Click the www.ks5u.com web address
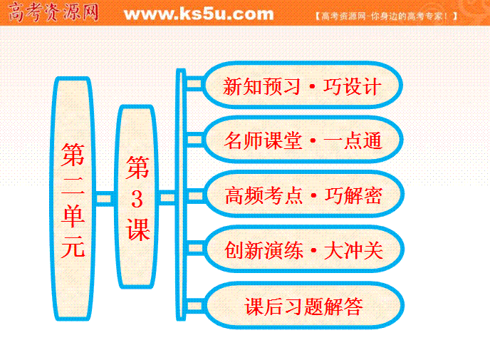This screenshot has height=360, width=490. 199,14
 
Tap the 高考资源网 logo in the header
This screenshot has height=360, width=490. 53,13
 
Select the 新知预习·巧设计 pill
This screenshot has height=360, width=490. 302,85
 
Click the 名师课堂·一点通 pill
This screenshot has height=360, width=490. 303,140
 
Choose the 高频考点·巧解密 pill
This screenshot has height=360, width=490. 303,194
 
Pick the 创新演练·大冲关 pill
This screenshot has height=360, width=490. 303,249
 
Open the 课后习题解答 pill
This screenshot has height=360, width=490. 303,305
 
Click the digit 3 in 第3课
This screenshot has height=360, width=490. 137,199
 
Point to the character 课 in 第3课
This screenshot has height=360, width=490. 137,230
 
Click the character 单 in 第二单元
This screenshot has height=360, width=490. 73,216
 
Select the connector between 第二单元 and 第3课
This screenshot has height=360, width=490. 104,199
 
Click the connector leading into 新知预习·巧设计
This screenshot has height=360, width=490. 194,84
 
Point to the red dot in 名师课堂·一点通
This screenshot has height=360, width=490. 313,140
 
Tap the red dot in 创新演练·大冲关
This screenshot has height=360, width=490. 314,250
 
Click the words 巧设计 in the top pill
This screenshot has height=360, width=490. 352,86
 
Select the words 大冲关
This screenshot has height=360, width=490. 354,250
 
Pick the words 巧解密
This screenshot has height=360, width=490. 353,195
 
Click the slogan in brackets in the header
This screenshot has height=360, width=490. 386,16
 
